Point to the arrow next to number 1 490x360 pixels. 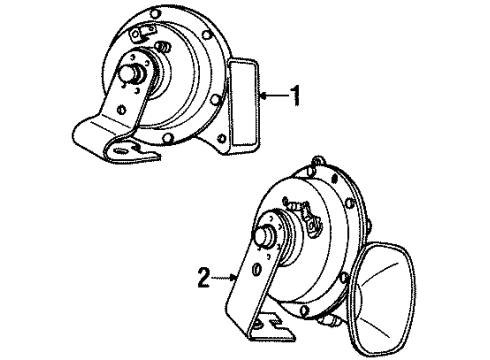(x=272, y=97)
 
